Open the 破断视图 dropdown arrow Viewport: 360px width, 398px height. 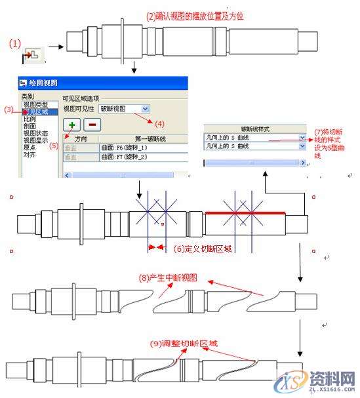point(145,108)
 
